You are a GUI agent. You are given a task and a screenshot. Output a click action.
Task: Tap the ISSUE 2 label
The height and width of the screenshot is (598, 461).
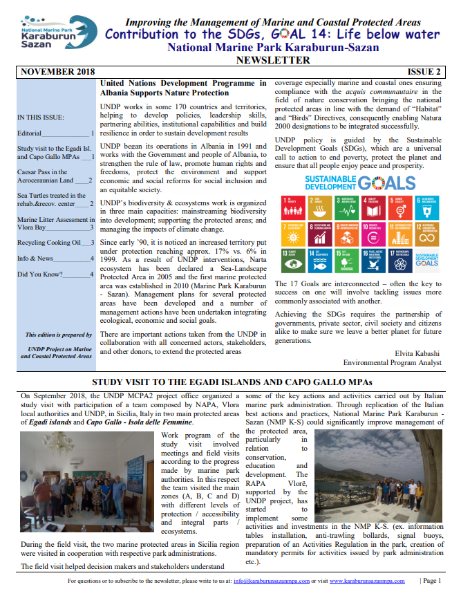click(x=424, y=71)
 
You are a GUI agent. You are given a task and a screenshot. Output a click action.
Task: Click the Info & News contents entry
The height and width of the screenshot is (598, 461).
click(x=37, y=259)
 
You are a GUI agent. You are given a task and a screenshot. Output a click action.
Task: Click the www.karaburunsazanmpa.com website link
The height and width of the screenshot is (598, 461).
click(x=367, y=581)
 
